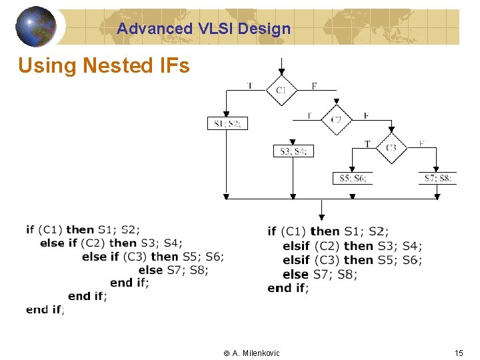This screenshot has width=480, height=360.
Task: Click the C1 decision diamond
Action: pyautogui.click(x=281, y=89)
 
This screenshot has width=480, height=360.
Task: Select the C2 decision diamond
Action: pyautogui.click(x=337, y=119)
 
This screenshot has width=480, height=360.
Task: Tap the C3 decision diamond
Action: pyautogui.click(x=391, y=147)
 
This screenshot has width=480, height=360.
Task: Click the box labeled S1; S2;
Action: pyautogui.click(x=227, y=123)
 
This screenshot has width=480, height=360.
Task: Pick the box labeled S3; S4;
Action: pyautogui.click(x=293, y=151)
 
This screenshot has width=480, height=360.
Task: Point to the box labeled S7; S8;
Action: pyautogui.click(x=438, y=178)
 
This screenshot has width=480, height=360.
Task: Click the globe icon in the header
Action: pyautogui.click(x=36, y=26)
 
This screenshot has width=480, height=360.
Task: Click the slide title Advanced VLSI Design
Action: pyautogui.click(x=203, y=29)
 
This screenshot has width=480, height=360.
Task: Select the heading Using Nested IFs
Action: pyautogui.click(x=104, y=66)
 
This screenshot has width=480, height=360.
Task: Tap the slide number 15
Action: pyautogui.click(x=458, y=353)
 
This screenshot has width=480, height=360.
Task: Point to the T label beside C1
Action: pyautogui.click(x=249, y=85)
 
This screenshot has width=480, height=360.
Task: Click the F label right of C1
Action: pyautogui.click(x=314, y=85)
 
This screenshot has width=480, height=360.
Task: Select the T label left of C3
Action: pyautogui.click(x=367, y=143)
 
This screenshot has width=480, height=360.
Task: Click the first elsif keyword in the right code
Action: pyautogui.click(x=296, y=246)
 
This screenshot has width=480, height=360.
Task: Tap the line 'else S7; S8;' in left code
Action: pyautogui.click(x=173, y=270)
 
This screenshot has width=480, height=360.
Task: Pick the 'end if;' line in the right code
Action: pyautogui.click(x=288, y=288)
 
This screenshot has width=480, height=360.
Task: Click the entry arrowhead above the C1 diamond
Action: pyautogui.click(x=281, y=70)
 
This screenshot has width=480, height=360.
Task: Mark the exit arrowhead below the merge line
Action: pyautogui.click(x=321, y=217)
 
